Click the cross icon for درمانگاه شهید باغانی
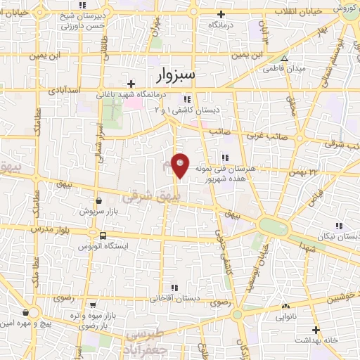pos(131,84)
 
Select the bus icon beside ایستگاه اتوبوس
pos(103,236)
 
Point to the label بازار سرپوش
pos(91,210)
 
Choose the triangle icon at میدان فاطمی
pos(284,59)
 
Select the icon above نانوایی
pos(285,307)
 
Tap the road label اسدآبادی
pos(65,91)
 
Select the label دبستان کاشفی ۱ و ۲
pos(186,110)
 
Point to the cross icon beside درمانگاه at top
pos(221,14)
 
